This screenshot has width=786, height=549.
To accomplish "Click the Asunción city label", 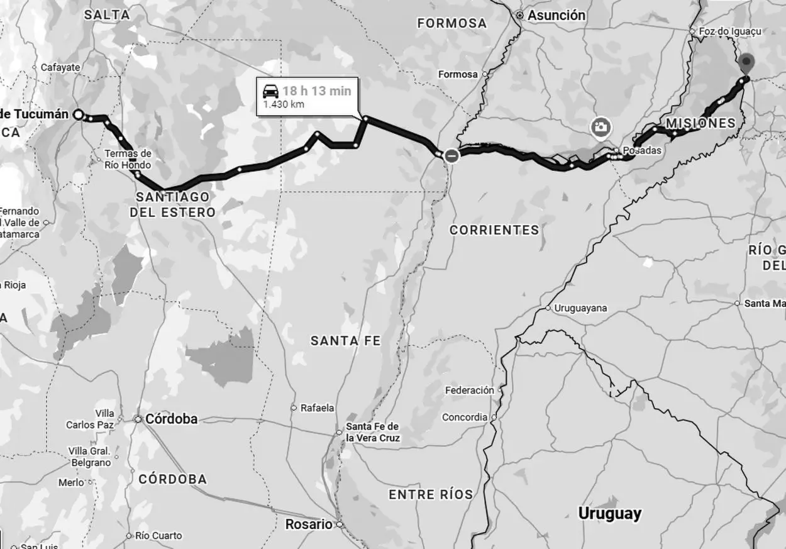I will (556, 15).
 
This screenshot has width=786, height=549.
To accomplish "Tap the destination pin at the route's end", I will (746, 64).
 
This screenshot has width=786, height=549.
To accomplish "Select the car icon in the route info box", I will (270, 91).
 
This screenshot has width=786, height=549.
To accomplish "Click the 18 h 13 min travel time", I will (317, 91).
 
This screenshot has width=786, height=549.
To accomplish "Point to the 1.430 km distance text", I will (283, 104).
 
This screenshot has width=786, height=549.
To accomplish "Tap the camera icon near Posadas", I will (601, 127).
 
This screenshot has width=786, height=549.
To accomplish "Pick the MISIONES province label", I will (700, 123).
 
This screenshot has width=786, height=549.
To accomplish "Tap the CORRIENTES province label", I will (494, 230).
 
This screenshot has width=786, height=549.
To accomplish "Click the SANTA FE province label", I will (345, 341).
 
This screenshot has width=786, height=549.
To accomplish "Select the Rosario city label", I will (308, 524).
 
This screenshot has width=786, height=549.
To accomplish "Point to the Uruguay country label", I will (609, 513).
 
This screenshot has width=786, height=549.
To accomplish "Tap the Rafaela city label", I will (317, 408).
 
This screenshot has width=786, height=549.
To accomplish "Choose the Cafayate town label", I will (60, 67).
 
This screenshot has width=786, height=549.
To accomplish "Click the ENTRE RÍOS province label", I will (431, 494).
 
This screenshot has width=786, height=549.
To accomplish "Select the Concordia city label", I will (464, 417).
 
